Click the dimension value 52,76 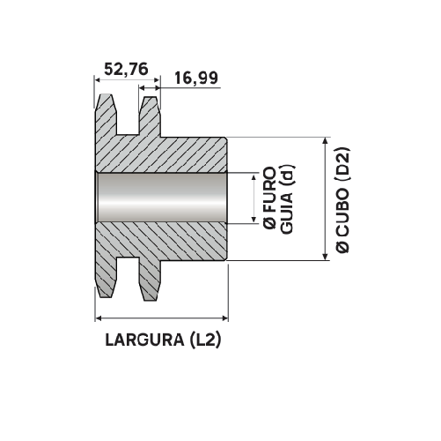tap(126, 70)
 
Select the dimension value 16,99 tap(196, 79)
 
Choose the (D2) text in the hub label tap(342, 165)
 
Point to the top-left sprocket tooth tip tap(107, 97)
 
